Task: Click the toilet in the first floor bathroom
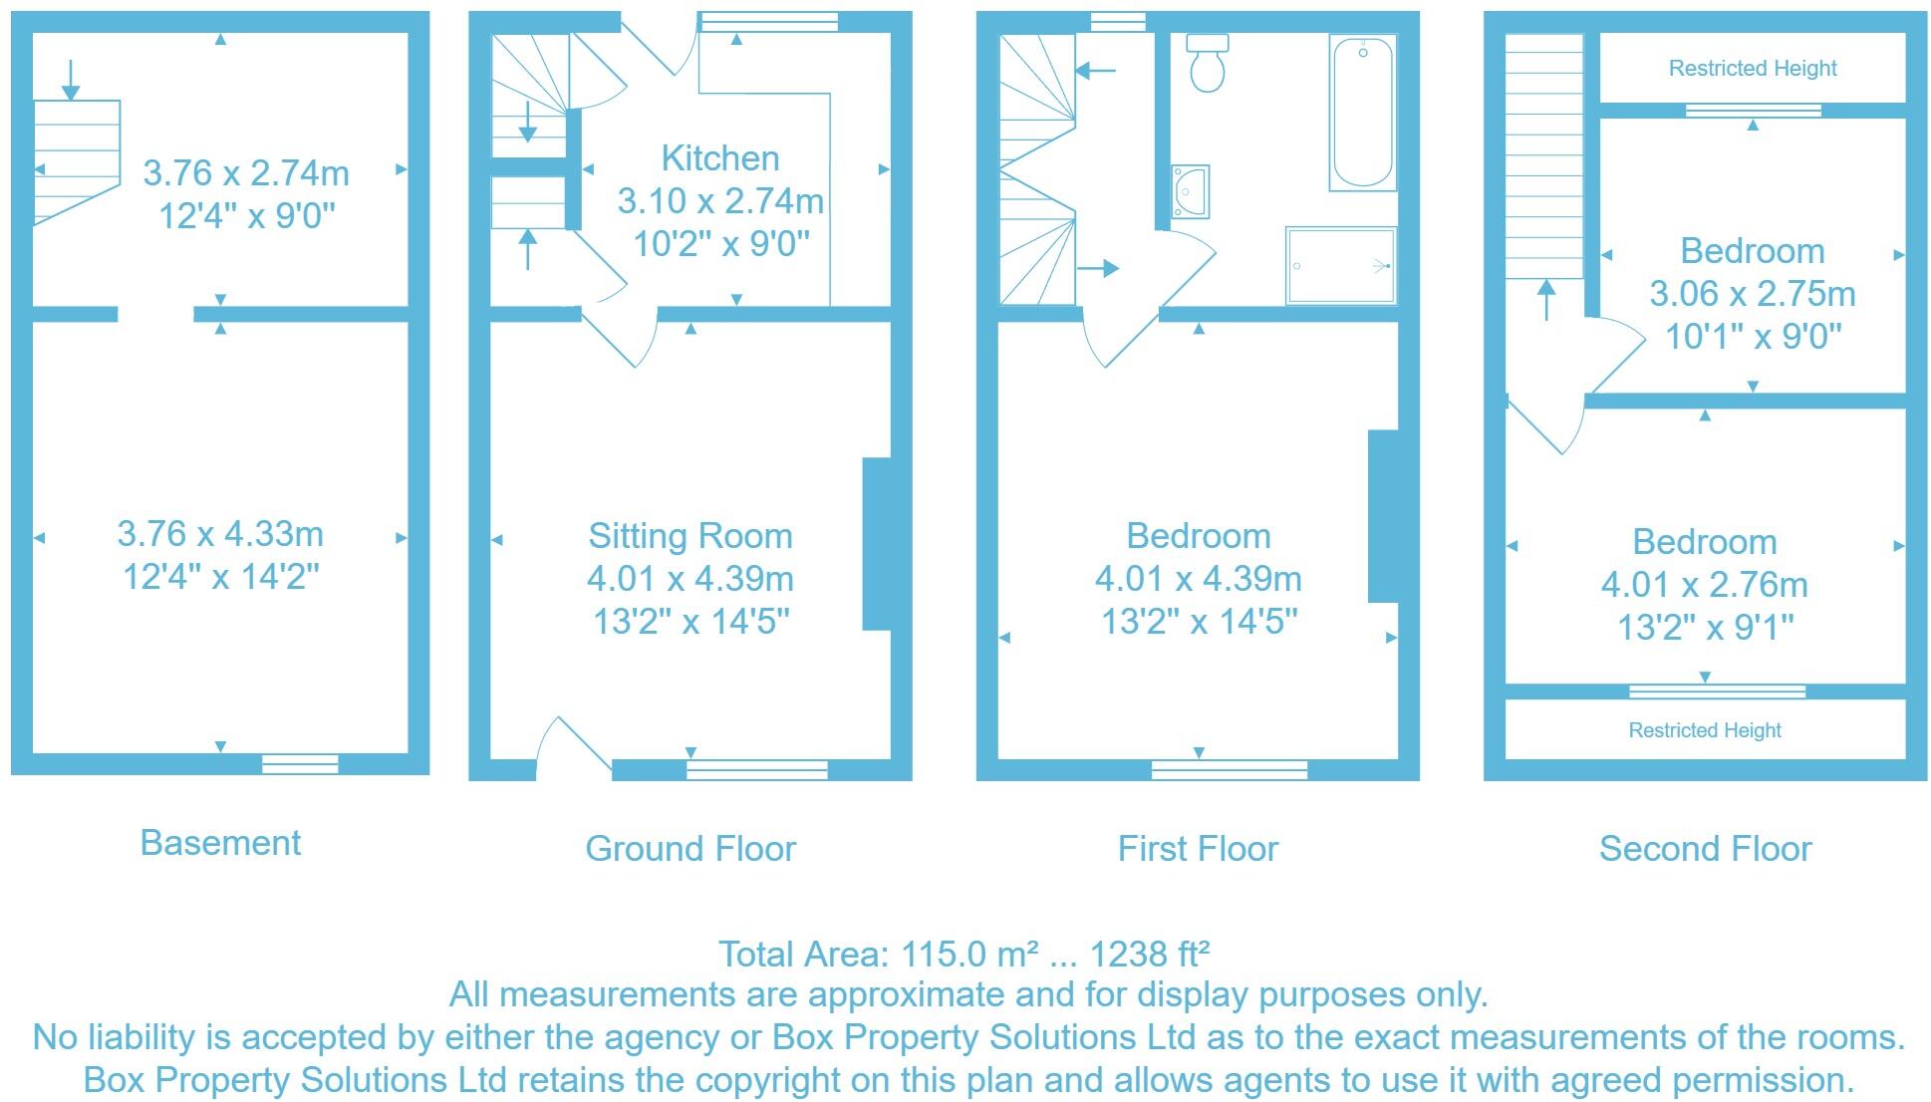1208,64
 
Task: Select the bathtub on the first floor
1362,113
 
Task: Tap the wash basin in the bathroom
1191,191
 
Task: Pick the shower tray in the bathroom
1340,265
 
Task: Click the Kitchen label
719,158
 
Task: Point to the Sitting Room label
690,536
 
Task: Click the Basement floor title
220,843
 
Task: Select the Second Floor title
1705,849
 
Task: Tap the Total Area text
964,955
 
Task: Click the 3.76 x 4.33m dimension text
220,534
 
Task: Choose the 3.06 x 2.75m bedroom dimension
1752,294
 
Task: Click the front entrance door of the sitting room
573,745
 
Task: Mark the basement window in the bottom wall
300,764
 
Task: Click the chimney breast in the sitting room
876,544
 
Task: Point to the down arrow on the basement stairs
71,80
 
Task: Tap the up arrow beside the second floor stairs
1545,299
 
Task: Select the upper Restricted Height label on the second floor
1752,69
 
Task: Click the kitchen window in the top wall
767,21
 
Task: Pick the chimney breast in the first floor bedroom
1382,516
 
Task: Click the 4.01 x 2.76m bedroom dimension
1704,585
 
